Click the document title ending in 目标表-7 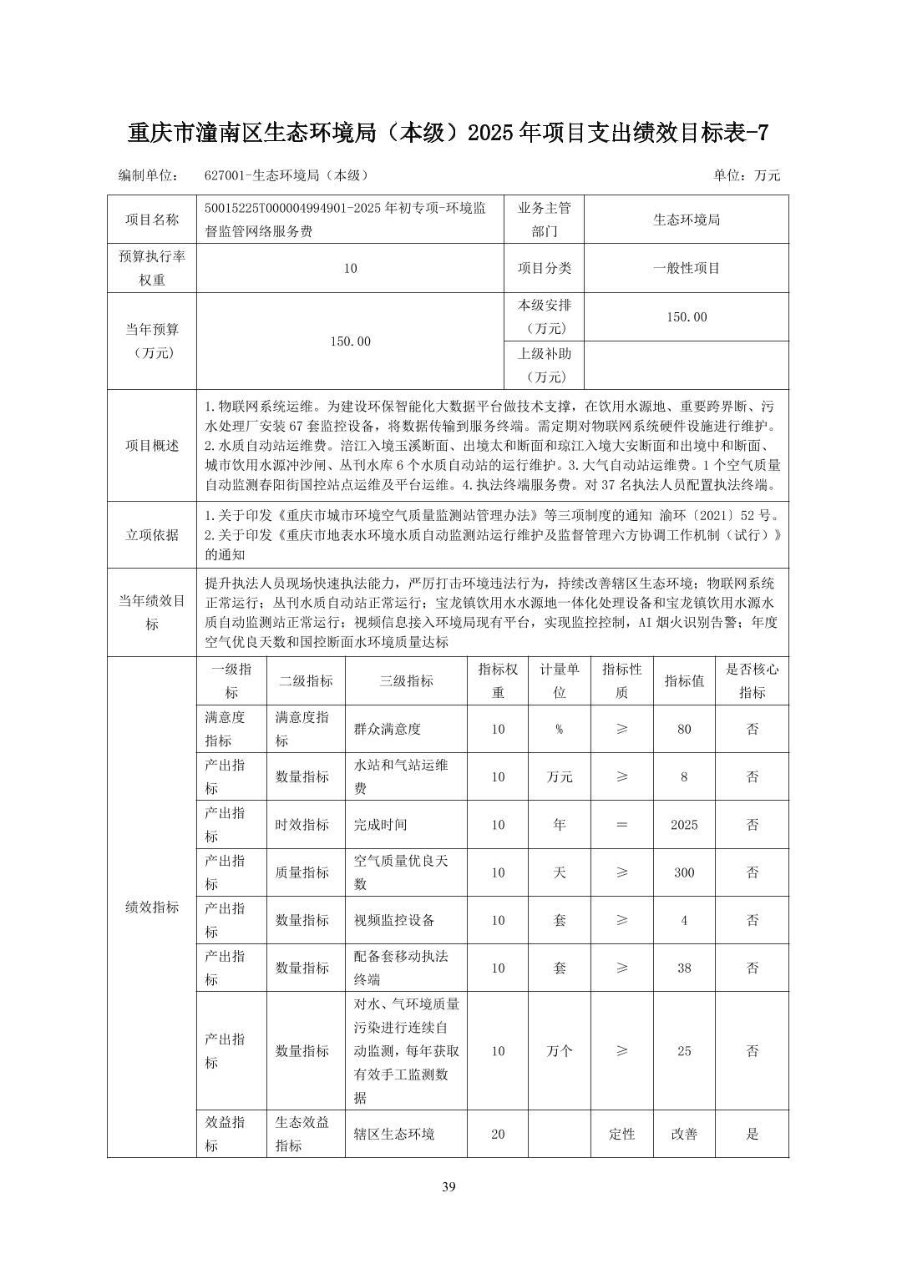pyautogui.click(x=448, y=133)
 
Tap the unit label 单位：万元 pyautogui.click(x=746, y=175)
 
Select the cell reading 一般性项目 pyautogui.click(x=686, y=268)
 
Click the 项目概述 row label pyautogui.click(x=152, y=445)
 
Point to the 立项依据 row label pyautogui.click(x=152, y=535)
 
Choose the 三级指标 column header pyautogui.click(x=406, y=680)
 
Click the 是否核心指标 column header pyautogui.click(x=752, y=680)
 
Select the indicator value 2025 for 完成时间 pyautogui.click(x=684, y=825)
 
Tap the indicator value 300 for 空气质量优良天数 pyautogui.click(x=684, y=872)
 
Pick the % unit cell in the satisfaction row pyautogui.click(x=559, y=729)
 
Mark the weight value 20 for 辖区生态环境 pyautogui.click(x=498, y=1134)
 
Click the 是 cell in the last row pyautogui.click(x=752, y=1134)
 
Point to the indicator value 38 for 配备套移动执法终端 pyautogui.click(x=684, y=968)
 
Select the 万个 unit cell pyautogui.click(x=559, y=1051)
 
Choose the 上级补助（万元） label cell pyautogui.click(x=545, y=365)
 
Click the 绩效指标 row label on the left pyautogui.click(x=152, y=907)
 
